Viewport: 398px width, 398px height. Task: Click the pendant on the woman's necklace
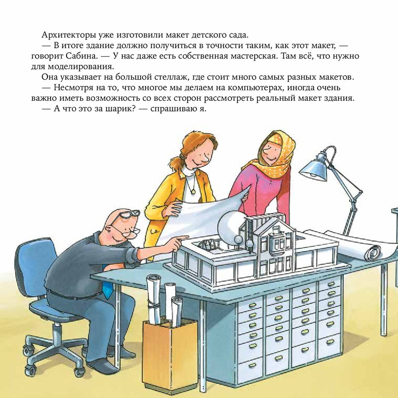tap(194, 190)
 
